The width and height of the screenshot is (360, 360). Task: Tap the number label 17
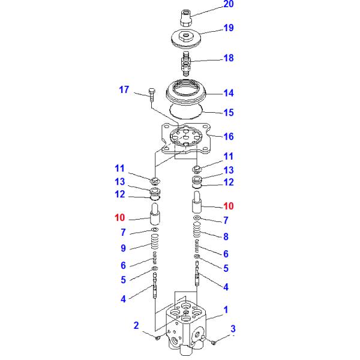tap(124, 90)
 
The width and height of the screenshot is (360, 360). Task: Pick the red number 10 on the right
tap(228, 206)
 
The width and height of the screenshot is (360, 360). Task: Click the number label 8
tap(226, 236)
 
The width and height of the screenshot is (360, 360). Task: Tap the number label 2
tap(136, 326)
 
